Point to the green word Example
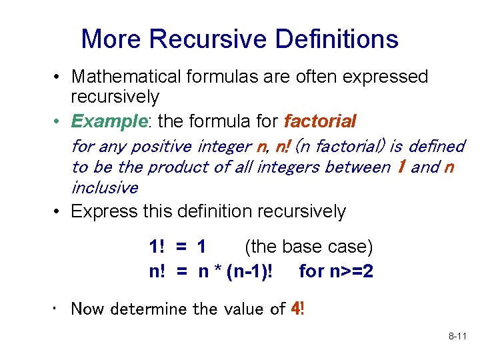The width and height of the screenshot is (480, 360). [108, 122]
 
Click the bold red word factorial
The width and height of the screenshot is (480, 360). [320, 122]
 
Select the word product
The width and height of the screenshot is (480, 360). [175, 167]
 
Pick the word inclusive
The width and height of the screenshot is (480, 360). [104, 187]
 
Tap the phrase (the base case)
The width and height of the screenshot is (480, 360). [309, 247]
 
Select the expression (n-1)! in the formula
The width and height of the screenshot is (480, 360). [250, 272]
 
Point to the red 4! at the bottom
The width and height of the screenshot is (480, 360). [297, 309]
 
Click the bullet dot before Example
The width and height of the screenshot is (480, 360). [59, 122]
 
